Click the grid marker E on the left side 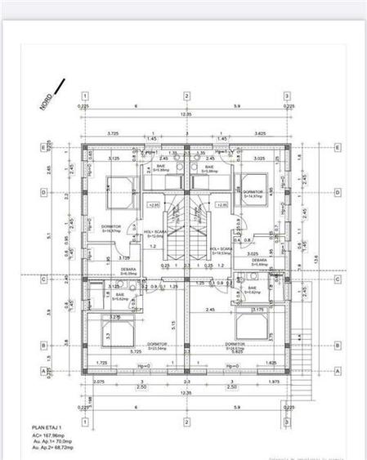(x=43, y=148)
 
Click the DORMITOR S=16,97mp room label (x=111, y=229)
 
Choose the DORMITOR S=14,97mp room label (x=252, y=194)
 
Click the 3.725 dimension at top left (x=114, y=132)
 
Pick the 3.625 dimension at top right (x=260, y=132)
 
